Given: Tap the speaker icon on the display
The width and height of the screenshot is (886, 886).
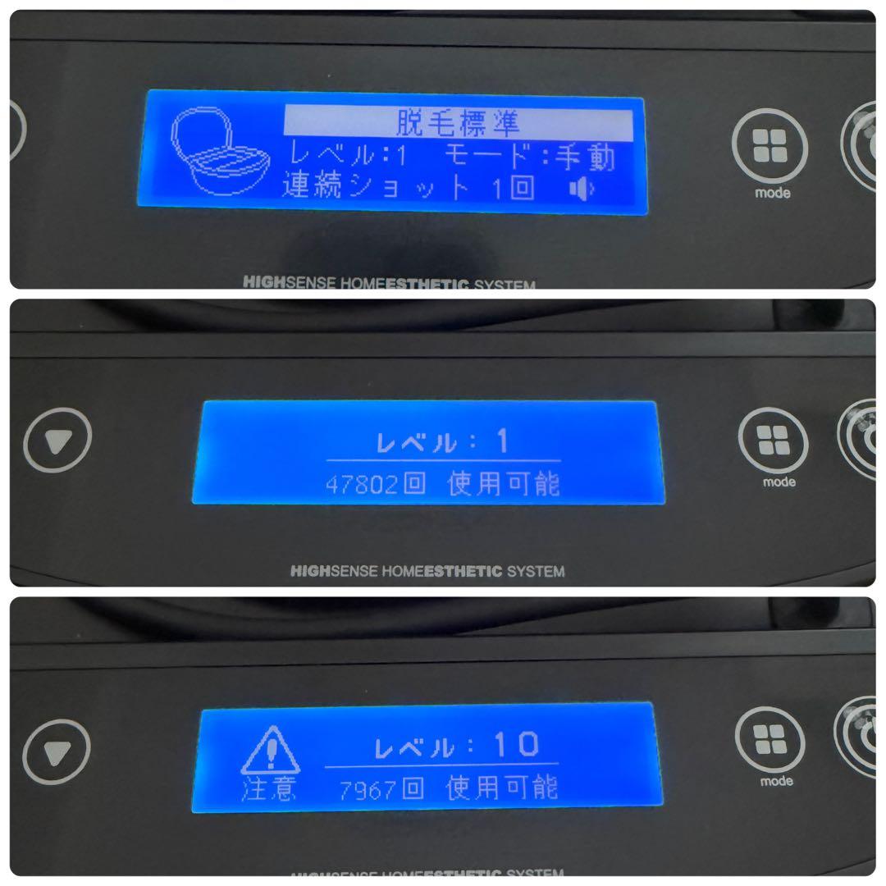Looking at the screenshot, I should tap(581, 190).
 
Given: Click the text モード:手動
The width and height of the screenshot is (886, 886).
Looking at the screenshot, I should tap(530, 156).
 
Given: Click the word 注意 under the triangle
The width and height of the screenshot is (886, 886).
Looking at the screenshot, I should tap(268, 791).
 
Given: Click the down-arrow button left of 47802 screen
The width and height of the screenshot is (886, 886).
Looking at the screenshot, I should tap(58, 442).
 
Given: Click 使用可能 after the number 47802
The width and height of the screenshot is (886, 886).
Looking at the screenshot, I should tap(504, 484).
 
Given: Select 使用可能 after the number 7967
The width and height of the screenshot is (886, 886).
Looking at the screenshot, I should tap(502, 789).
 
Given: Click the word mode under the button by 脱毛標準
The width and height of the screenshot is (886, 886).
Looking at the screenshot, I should tap(771, 194).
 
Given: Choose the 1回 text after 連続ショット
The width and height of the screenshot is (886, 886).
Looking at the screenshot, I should tap(513, 188).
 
